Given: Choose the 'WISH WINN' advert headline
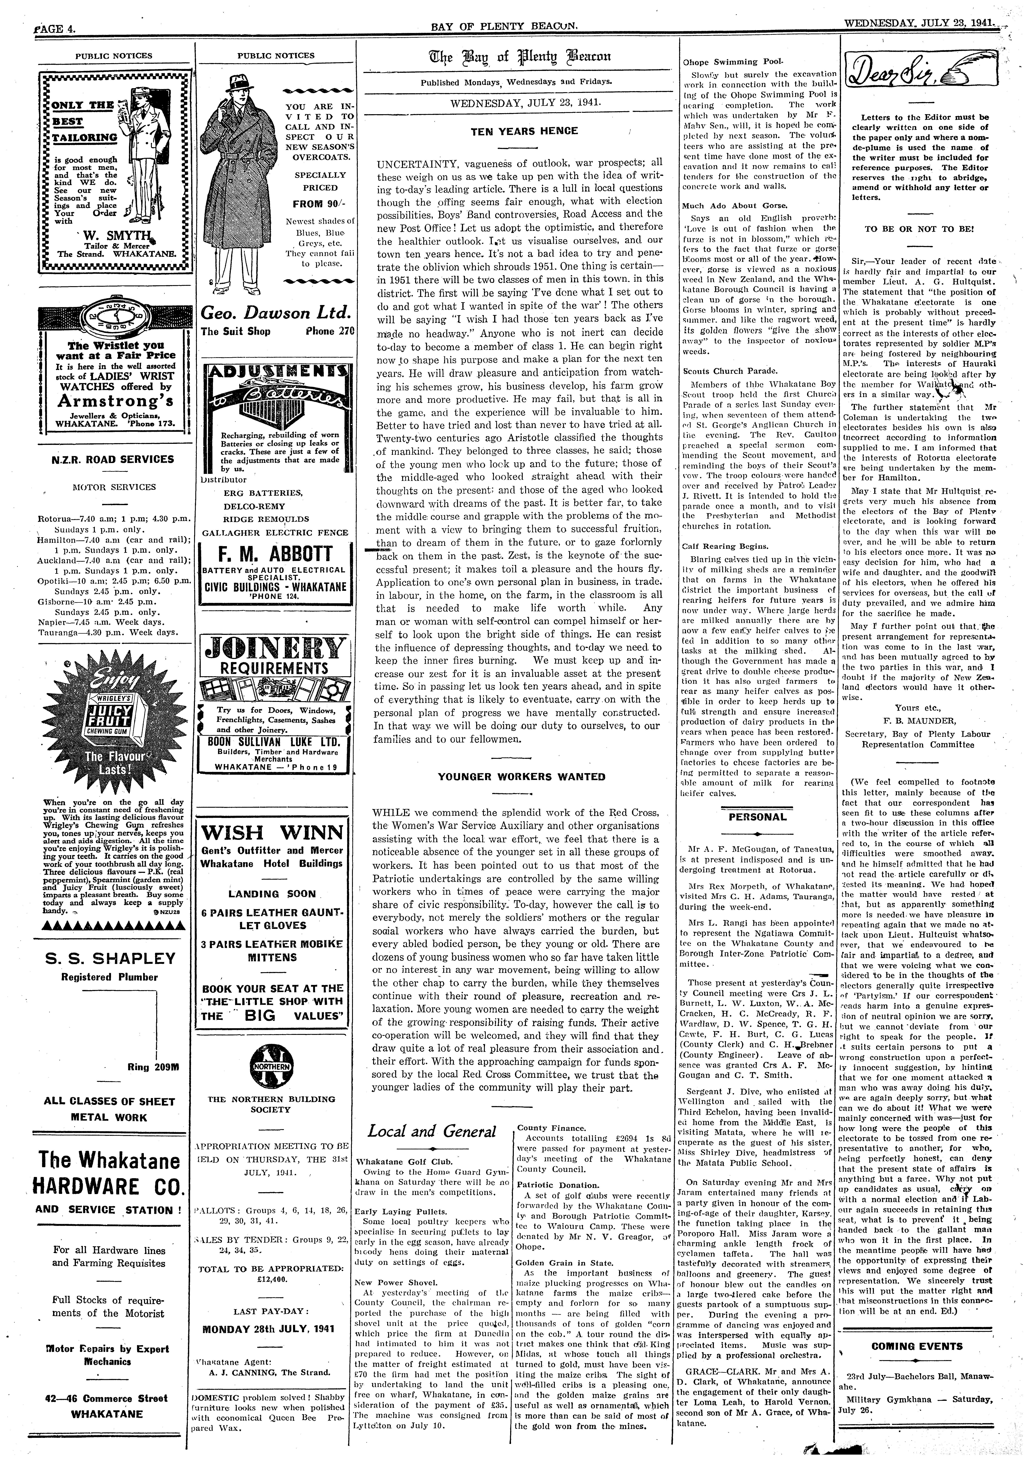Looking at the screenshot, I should click(274, 832).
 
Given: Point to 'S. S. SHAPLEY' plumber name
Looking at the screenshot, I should click(113, 958).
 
